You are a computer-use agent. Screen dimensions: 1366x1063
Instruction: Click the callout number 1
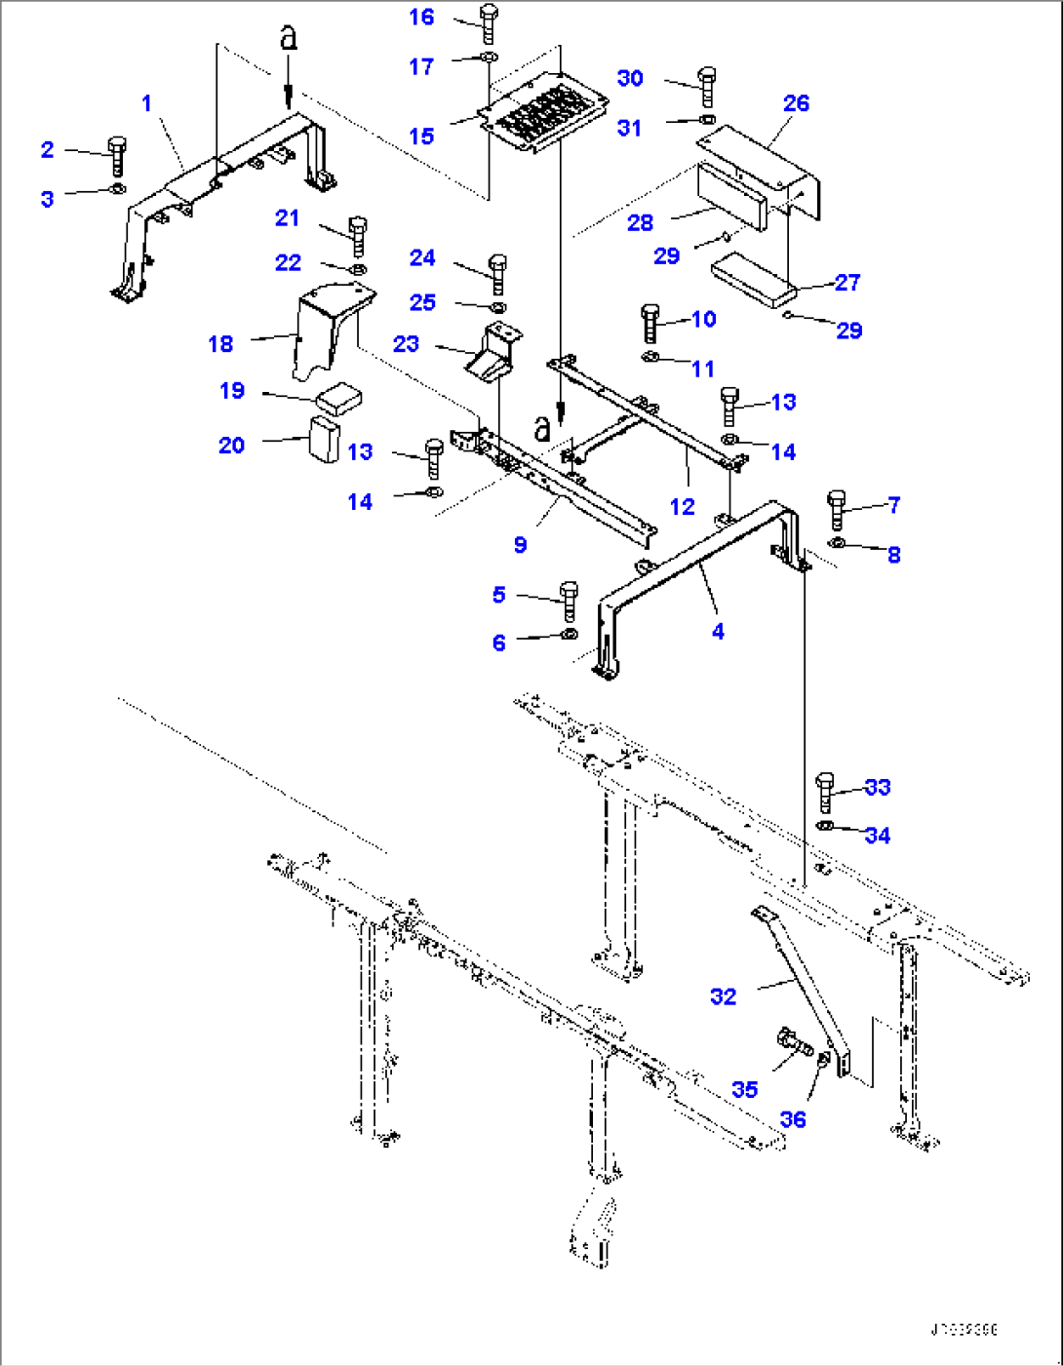click(x=146, y=103)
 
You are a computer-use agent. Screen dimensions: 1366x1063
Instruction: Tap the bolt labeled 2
click(x=117, y=156)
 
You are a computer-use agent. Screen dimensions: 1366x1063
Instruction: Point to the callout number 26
click(x=796, y=103)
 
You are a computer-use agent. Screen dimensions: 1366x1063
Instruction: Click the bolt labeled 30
click(x=708, y=86)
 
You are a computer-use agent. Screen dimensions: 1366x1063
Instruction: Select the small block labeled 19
click(x=338, y=399)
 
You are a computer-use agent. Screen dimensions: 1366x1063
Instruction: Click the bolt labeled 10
click(x=650, y=323)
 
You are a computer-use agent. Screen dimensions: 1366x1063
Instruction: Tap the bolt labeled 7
click(x=836, y=509)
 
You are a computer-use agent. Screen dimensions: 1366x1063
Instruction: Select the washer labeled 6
click(x=570, y=635)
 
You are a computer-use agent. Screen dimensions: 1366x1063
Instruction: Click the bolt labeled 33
click(x=825, y=792)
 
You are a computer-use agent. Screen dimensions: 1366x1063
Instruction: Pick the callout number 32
click(x=723, y=996)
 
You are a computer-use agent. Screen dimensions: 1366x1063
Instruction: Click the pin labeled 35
click(x=795, y=1044)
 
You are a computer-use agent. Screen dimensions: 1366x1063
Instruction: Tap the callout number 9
click(x=521, y=545)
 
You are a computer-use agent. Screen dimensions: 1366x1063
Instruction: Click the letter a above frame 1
click(x=288, y=39)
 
